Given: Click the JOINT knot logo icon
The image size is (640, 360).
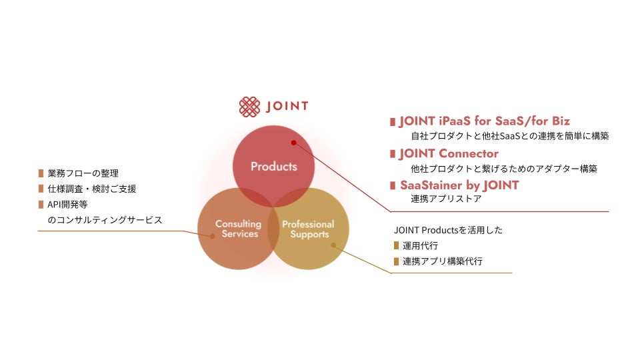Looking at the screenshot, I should (x=249, y=106).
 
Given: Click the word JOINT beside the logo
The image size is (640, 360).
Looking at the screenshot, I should (x=287, y=107).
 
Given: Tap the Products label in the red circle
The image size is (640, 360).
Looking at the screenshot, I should (x=273, y=166).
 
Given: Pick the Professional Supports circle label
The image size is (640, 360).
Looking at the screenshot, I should (x=308, y=229).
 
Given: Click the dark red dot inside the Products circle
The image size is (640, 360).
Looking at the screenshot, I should (x=293, y=142).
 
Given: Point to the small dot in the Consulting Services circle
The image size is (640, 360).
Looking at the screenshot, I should (x=213, y=235).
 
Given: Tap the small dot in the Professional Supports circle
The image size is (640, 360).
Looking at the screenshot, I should (x=333, y=245).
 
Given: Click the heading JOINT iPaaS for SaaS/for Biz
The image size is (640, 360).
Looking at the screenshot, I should (x=485, y=121).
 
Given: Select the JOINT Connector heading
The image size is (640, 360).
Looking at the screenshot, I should (x=449, y=154).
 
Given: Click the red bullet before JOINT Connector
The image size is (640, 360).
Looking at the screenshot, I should (x=393, y=154).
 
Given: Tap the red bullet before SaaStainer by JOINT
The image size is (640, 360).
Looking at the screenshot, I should (x=393, y=185).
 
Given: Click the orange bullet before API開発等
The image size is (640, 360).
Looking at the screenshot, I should (x=41, y=204).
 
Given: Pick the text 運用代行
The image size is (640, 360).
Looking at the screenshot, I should (x=421, y=246).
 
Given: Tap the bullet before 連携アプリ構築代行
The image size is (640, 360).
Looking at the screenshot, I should (x=397, y=261).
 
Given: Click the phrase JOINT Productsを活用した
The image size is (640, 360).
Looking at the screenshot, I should (x=448, y=230).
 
